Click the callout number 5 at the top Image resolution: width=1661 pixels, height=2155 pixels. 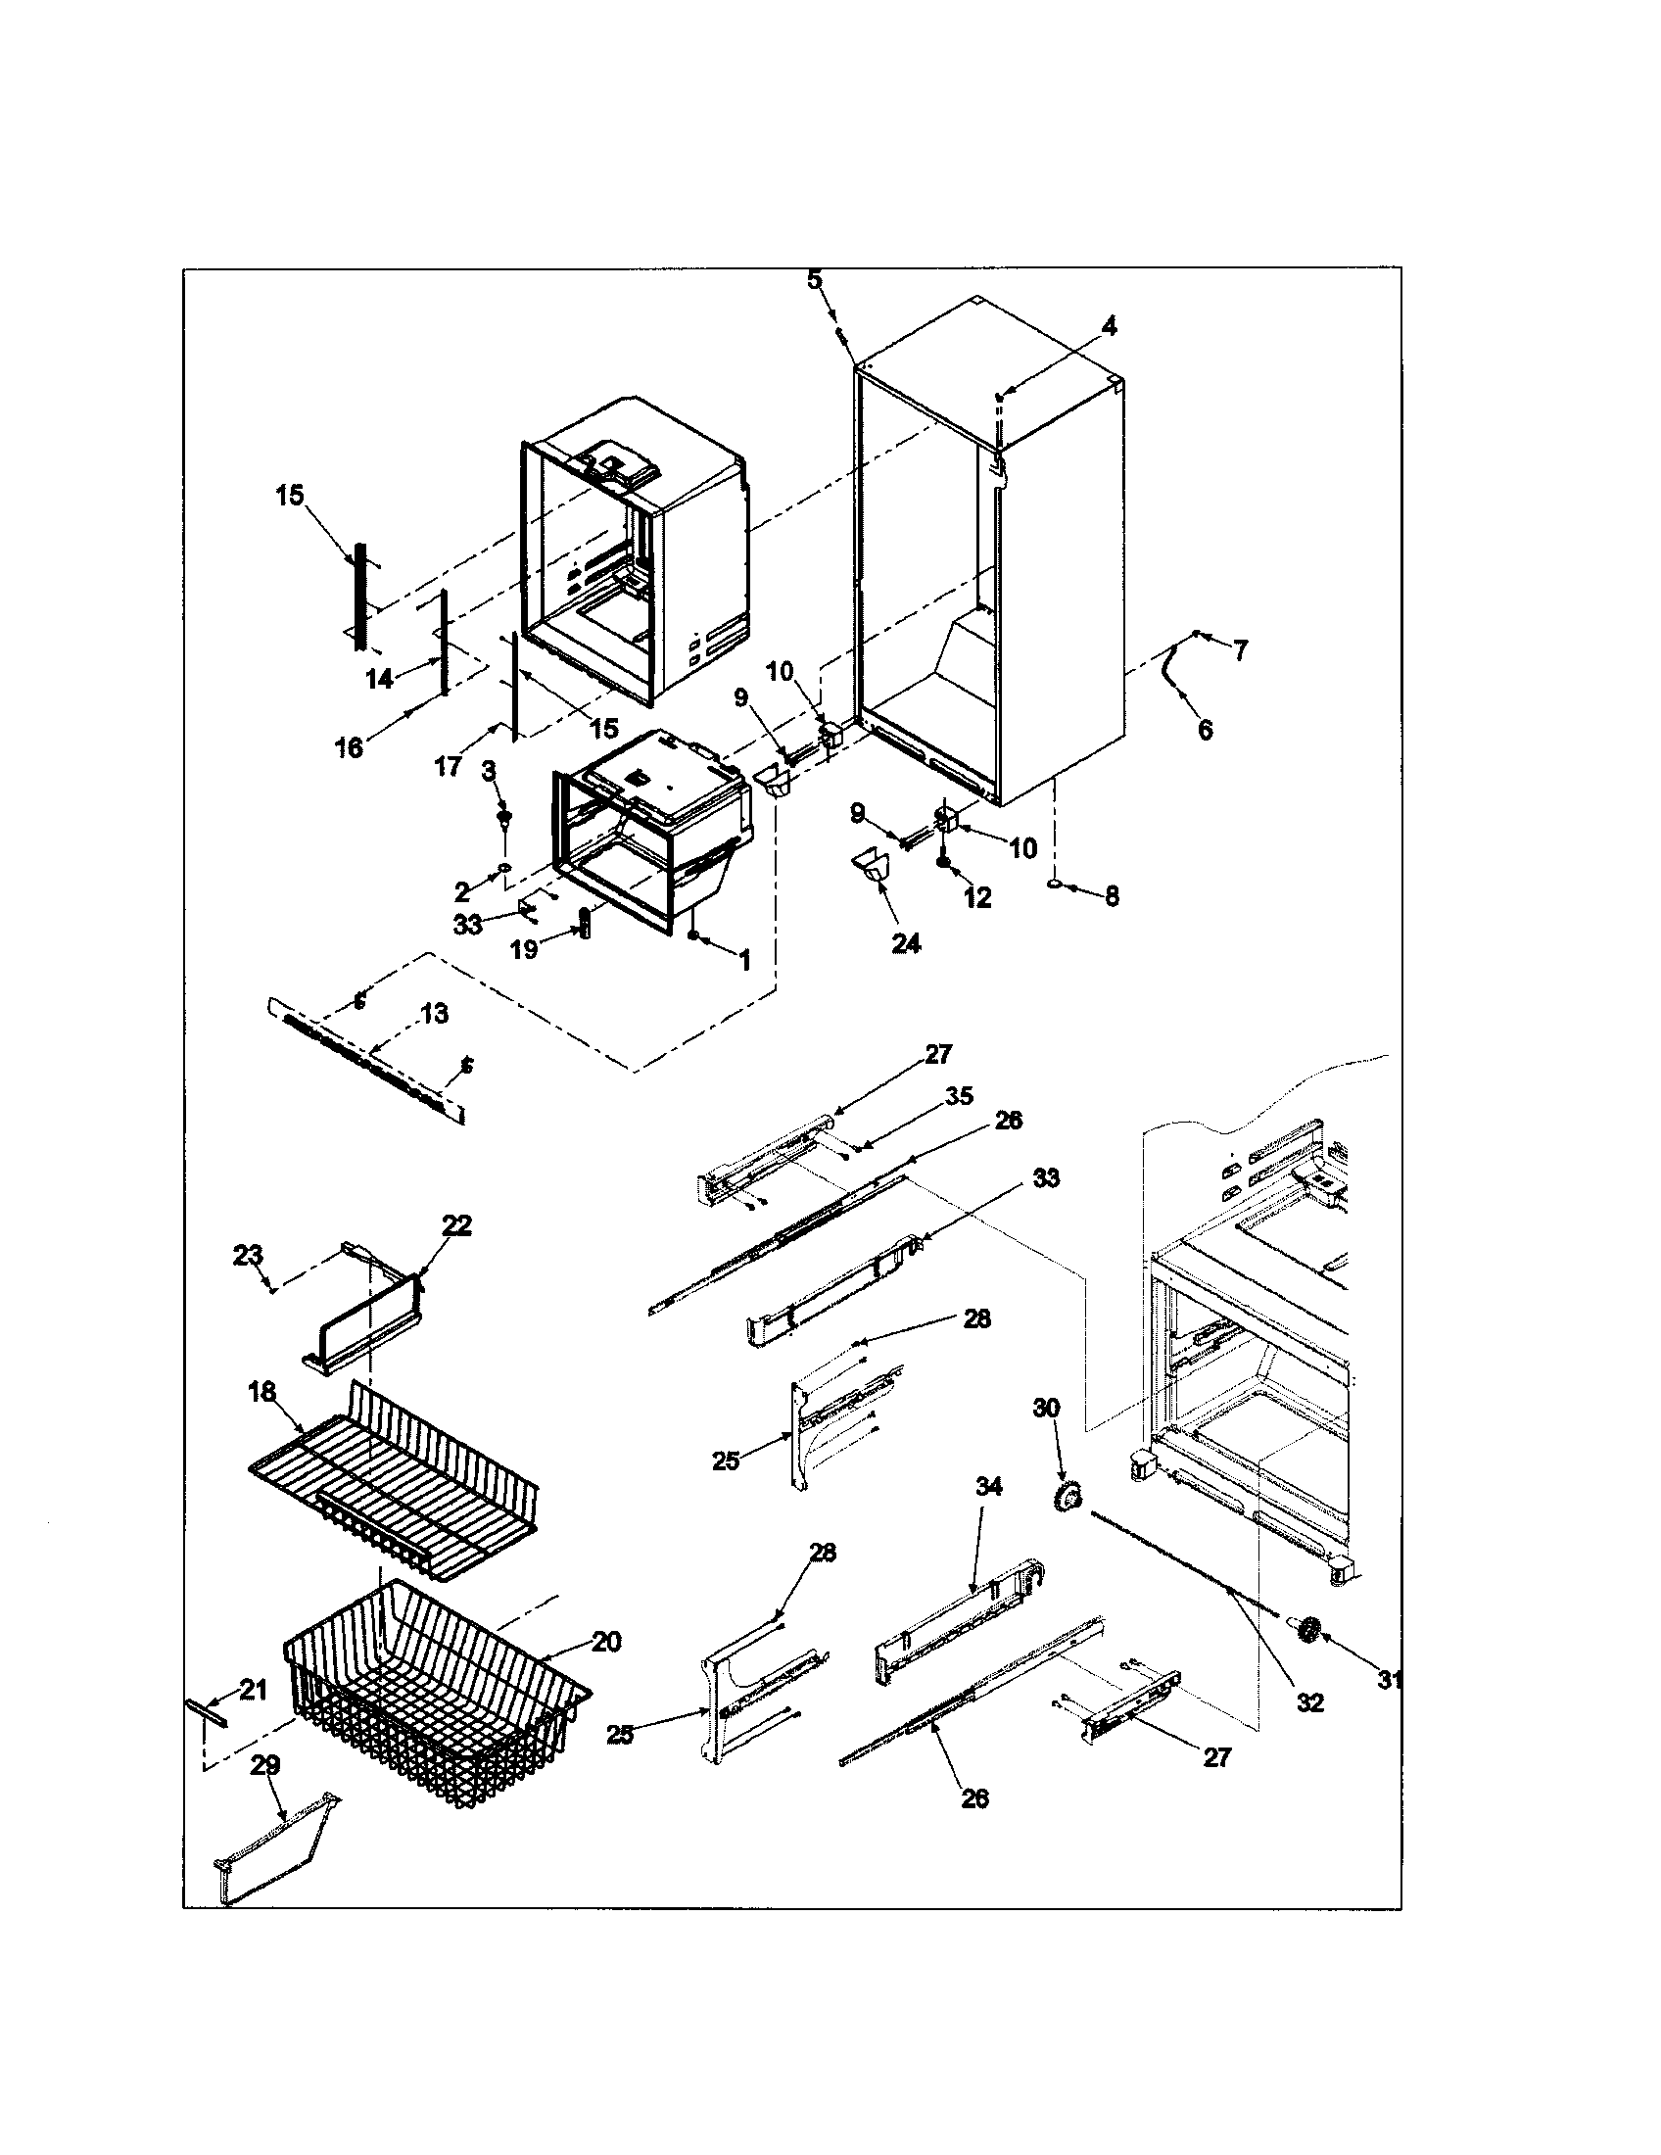coord(814,281)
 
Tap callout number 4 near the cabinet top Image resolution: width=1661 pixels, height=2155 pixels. coord(1109,326)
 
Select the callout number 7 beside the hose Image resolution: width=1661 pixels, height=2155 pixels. coord(1240,650)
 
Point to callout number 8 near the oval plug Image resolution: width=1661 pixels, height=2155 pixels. coord(1112,896)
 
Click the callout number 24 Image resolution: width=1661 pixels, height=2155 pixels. coord(906,943)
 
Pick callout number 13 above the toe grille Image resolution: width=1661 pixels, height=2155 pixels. coord(434,1014)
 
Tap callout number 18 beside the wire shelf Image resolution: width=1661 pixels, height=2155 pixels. coord(261,1391)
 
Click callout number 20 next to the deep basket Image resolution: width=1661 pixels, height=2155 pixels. coord(606,1642)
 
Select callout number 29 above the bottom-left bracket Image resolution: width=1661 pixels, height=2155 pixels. coord(265,1765)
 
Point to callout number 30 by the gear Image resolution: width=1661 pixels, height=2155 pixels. coord(1046,1408)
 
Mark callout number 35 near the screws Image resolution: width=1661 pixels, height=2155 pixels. coord(958,1096)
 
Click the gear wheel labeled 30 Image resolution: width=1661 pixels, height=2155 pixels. coord(1068,1498)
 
